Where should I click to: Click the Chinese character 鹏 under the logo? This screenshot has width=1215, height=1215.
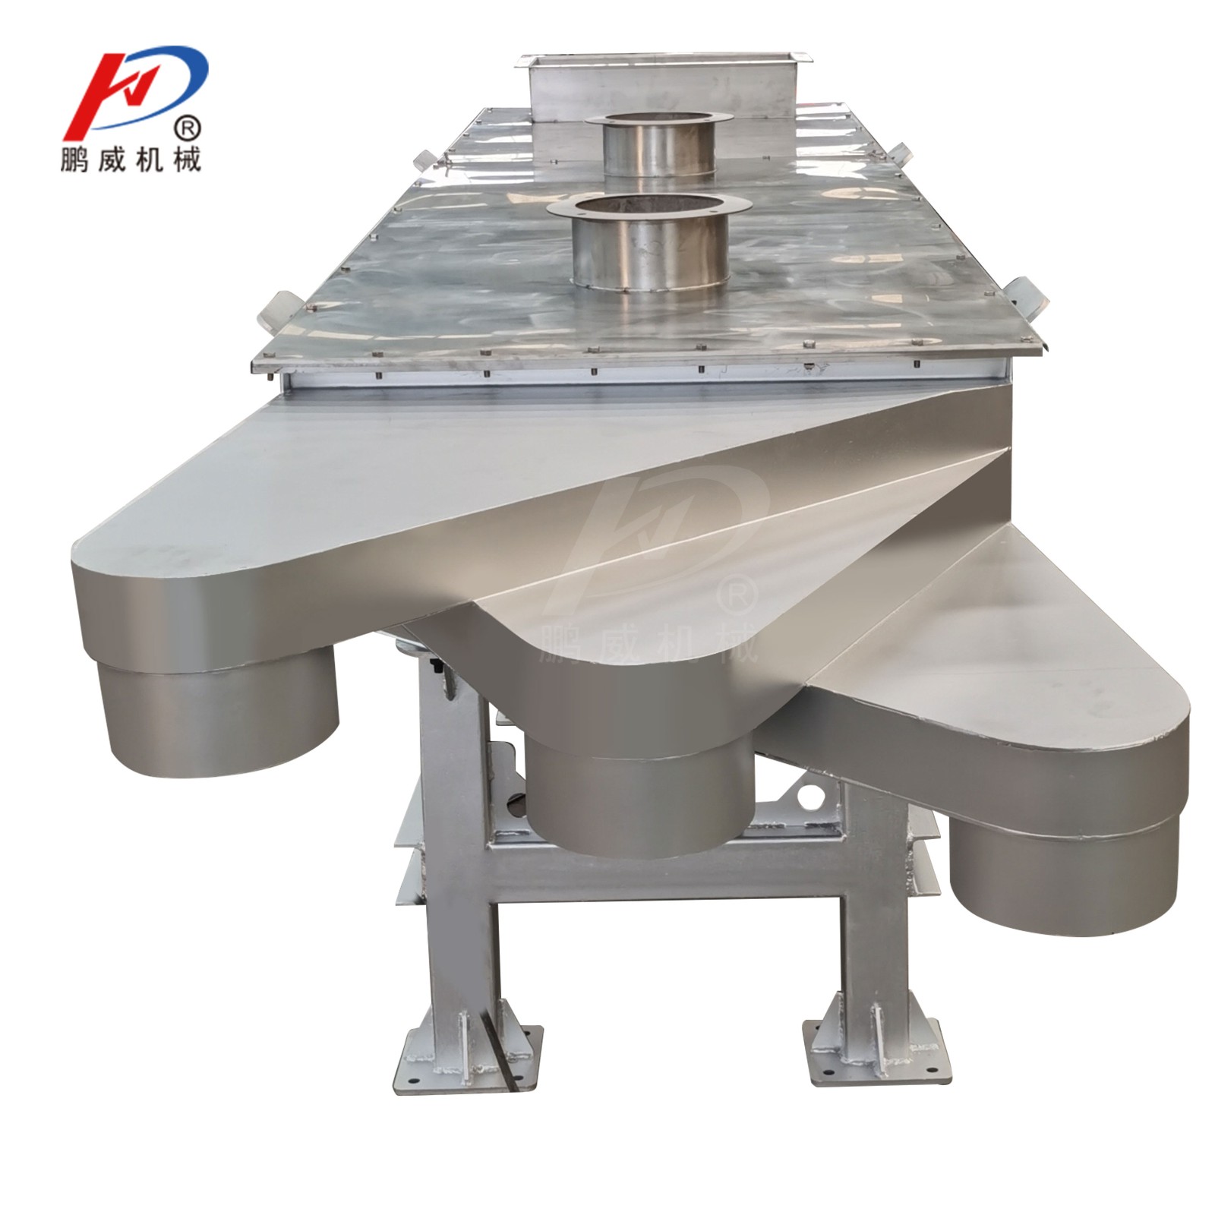click(x=78, y=159)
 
